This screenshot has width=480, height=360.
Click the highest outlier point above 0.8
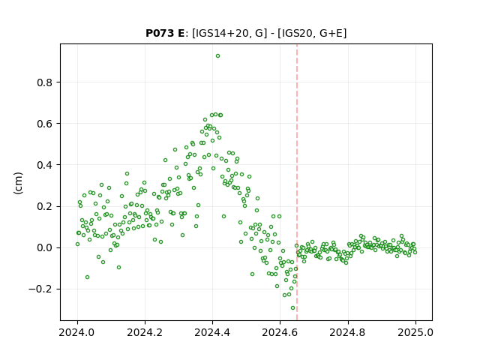point(217,56)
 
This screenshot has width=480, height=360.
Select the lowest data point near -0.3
point(293,308)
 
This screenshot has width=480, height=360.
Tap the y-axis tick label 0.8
point(44,82)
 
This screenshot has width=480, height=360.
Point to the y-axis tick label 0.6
point(44,124)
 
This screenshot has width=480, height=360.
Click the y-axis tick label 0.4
point(44,165)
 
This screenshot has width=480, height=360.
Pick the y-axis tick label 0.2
point(44,207)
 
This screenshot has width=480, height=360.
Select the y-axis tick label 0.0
point(44,248)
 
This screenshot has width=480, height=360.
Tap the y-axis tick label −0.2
point(40,289)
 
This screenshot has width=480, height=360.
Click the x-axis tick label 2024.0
point(77,332)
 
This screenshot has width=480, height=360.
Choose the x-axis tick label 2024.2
point(145,332)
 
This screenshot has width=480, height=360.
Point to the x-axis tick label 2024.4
point(212,332)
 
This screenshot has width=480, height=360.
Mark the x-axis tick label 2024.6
point(280,332)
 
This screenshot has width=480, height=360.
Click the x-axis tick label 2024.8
point(348,332)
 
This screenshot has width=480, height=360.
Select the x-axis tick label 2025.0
point(415,332)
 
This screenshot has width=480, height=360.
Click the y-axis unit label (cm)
point(18,183)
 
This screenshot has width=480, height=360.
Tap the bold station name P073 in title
point(160,33)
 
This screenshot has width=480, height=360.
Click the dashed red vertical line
point(297,182)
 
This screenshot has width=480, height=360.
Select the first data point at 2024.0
point(77,244)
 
